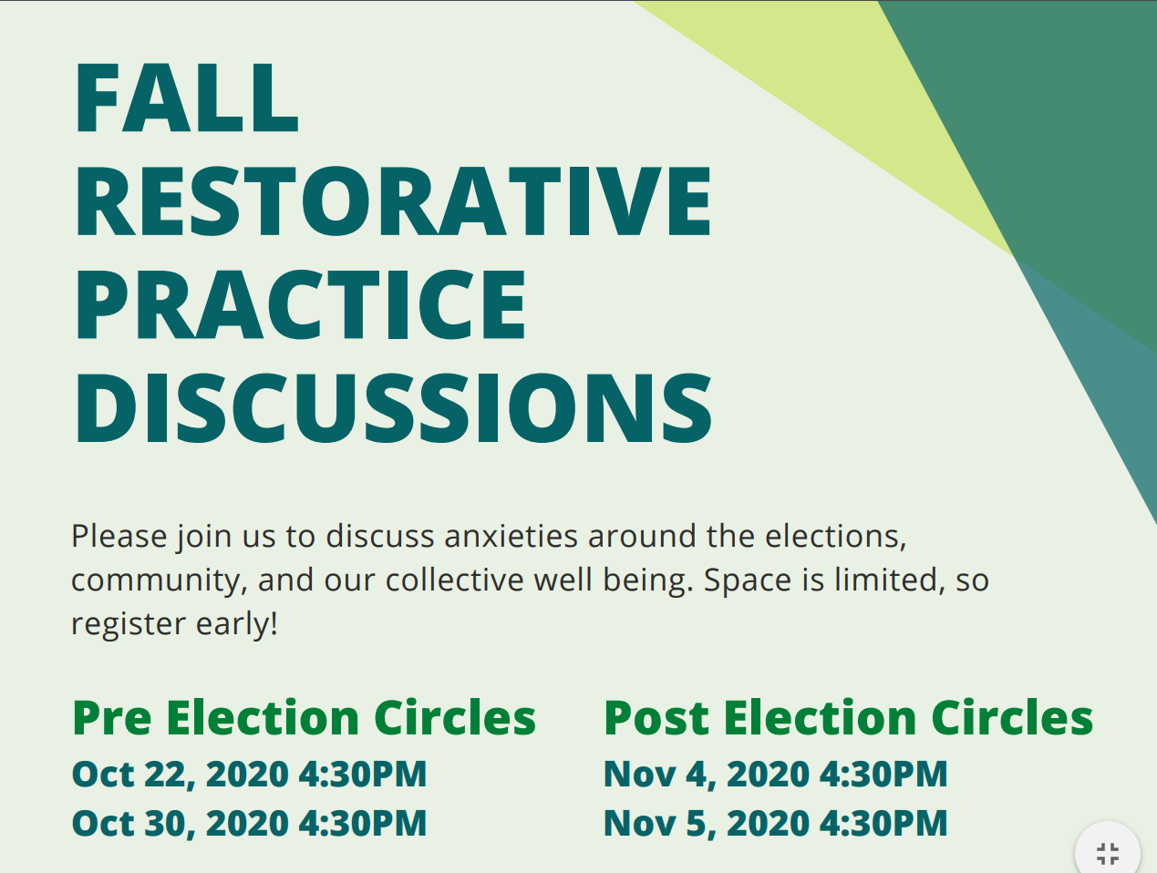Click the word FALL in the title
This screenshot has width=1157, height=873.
[187, 98]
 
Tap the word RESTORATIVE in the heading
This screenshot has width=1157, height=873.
[394, 200]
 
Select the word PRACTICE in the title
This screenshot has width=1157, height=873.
[301, 304]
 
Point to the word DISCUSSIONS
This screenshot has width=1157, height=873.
[394, 407]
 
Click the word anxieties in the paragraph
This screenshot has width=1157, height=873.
[511, 536]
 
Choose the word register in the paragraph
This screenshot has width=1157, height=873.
[129, 624]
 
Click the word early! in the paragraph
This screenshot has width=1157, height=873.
[237, 624]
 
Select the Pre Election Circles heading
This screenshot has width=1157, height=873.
[305, 717]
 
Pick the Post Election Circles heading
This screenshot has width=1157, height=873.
[848, 717]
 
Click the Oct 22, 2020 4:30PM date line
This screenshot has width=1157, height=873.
[249, 774]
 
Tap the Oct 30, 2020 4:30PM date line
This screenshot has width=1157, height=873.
[249, 823]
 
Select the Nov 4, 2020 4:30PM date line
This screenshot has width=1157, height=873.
[775, 774]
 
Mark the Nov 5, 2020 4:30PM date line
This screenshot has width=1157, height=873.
[775, 823]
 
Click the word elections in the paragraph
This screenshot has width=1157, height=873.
[835, 537]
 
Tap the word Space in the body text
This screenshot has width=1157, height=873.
[748, 581]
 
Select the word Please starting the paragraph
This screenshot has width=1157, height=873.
[119, 536]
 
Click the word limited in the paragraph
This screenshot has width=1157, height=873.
[890, 580]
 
